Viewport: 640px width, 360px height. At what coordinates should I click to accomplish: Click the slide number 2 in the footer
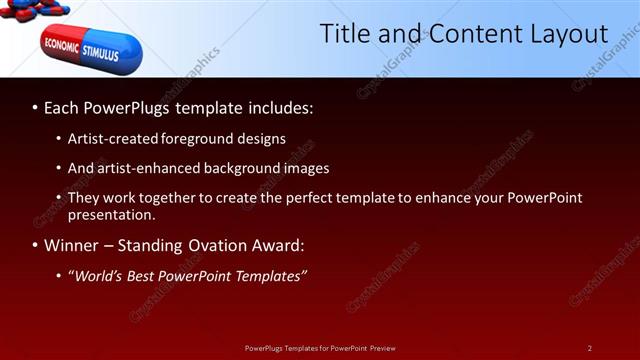coord(589,348)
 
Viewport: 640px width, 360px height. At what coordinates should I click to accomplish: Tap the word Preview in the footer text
coord(382,348)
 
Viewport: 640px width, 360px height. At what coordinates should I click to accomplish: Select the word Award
coord(278,245)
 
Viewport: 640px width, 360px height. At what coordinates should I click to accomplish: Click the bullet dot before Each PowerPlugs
coord(35,106)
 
